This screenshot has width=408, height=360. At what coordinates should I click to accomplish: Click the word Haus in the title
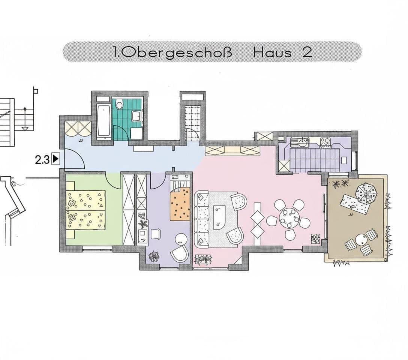pyautogui.click(x=272, y=52)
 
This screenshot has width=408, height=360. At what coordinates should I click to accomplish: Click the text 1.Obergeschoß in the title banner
pyautogui.click(x=172, y=52)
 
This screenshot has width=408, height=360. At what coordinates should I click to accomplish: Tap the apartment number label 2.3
pyautogui.click(x=42, y=159)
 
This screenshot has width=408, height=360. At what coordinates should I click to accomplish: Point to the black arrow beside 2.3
pyautogui.click(x=56, y=159)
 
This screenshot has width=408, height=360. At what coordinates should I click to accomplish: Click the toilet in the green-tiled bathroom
pyautogui.click(x=120, y=105)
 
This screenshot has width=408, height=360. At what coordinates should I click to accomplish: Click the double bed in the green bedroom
pyautogui.click(x=85, y=210)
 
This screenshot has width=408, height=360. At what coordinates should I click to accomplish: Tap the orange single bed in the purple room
pyautogui.click(x=180, y=204)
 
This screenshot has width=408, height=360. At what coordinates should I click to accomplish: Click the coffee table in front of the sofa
pyautogui.click(x=219, y=217)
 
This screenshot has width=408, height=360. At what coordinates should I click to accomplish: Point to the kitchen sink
pyautogui.click(x=300, y=142)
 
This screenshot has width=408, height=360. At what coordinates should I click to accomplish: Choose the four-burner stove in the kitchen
pyautogui.click(x=325, y=142)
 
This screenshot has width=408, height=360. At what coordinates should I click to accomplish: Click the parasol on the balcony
pyautogui.click(x=366, y=193)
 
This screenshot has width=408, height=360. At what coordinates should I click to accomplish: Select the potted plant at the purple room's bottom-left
pyautogui.click(x=154, y=256)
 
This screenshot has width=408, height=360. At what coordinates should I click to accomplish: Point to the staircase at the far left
pyautogui.click(x=7, y=122)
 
